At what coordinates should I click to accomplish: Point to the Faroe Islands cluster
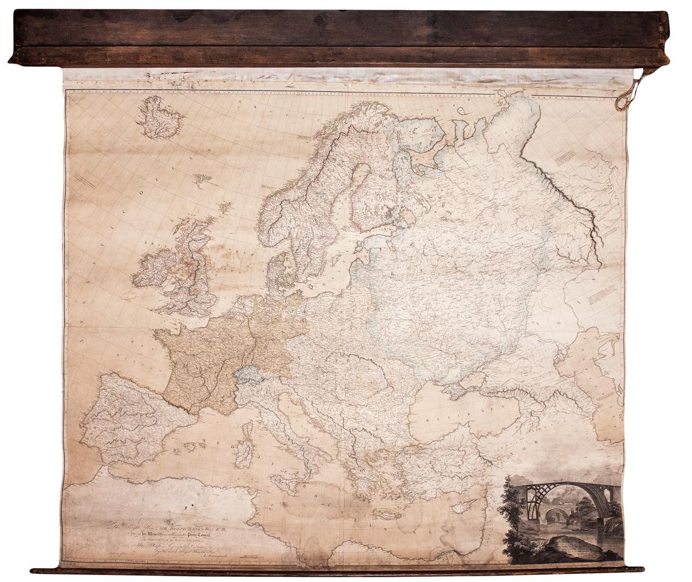[x=202, y=181]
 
